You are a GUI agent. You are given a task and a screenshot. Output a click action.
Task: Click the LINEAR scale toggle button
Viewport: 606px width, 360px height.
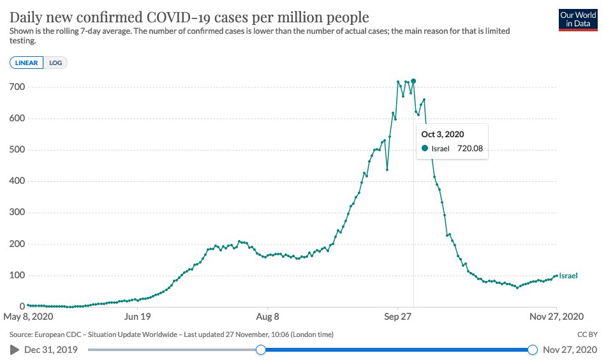tap(27, 63)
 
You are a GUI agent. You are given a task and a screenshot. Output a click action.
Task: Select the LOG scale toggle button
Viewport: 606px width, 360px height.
tap(56, 63)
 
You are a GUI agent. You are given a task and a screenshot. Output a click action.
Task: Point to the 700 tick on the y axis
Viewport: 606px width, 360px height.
tap(15, 87)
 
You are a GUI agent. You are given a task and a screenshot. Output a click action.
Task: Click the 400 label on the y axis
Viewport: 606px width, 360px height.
tap(15, 181)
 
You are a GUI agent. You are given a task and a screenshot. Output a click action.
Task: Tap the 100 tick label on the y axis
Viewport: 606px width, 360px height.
tap(15, 276)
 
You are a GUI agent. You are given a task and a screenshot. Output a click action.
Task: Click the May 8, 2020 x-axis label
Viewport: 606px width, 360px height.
tap(28, 316)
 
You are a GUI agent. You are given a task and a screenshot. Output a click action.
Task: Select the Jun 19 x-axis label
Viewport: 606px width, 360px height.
tap(138, 316)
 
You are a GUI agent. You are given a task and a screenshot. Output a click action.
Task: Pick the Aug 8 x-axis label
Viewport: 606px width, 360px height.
tap(267, 316)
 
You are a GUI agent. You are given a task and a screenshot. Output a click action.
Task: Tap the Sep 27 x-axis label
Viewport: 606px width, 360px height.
tap(397, 316)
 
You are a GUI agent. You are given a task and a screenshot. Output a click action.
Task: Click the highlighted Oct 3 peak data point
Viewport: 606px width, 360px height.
tap(413, 81)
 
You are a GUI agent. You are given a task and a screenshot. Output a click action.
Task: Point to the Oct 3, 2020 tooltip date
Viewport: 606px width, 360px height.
tap(443, 134)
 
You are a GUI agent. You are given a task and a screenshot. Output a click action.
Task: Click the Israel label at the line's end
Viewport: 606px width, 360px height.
tap(568, 276)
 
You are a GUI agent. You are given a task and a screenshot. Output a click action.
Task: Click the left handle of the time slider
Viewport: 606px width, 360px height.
tap(260, 349)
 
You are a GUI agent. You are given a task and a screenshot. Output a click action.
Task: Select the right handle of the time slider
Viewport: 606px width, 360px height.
tap(533, 349)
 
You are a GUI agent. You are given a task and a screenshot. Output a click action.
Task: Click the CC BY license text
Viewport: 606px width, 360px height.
tap(587, 334)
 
